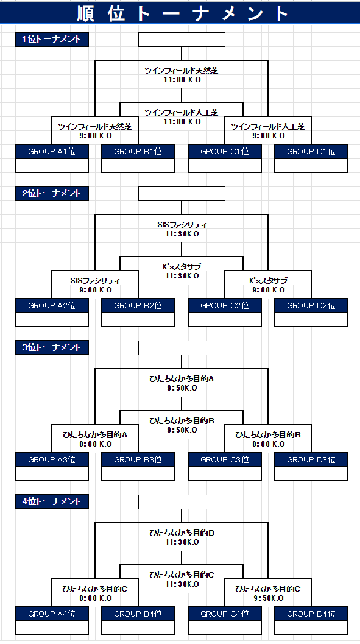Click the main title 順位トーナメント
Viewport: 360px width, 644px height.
183,13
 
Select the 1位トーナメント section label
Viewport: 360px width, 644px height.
52,40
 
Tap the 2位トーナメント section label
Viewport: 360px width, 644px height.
52,194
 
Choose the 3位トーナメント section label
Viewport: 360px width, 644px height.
52,347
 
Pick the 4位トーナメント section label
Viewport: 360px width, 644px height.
52,501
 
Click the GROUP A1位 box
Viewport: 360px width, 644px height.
52,152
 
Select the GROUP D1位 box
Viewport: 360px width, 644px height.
311,152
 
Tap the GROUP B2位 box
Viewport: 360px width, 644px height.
138,306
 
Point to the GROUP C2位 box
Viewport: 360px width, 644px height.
225,306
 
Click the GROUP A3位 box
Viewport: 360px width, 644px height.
52,459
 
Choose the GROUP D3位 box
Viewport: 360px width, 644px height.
311,459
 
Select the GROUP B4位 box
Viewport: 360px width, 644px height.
138,614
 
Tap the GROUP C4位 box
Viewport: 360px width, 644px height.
225,614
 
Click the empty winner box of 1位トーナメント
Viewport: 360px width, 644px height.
182,40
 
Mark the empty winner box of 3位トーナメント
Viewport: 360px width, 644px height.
182,347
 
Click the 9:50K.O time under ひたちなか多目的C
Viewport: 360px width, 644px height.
269,598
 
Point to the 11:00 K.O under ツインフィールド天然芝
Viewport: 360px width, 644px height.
182,80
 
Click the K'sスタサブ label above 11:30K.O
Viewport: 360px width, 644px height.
182,267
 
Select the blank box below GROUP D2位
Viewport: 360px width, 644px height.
311,319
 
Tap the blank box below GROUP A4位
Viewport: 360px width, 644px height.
52,628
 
